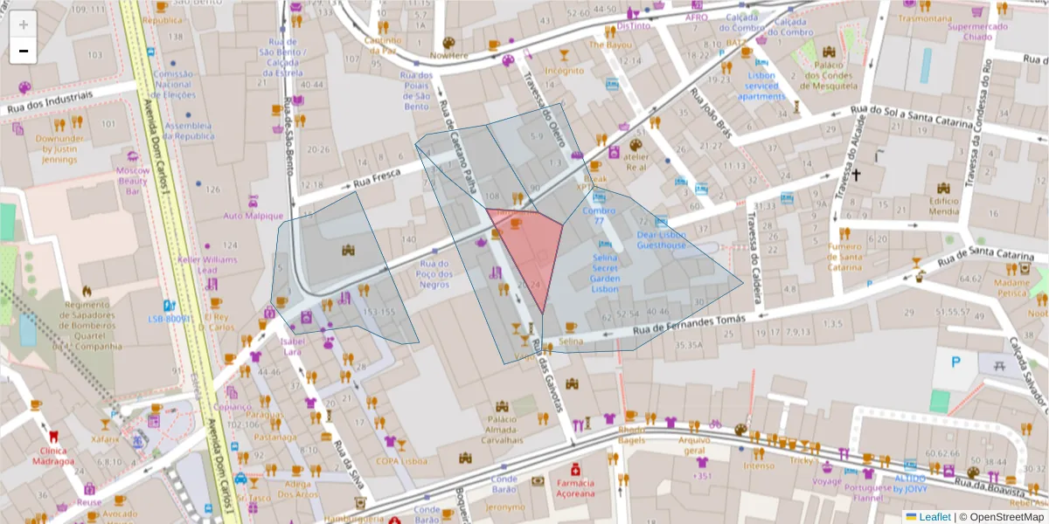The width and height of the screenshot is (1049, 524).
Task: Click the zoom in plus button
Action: pos(24,24)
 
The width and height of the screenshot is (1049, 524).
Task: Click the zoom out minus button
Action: pos(24,51)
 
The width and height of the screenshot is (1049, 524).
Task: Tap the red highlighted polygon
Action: pos(529,249)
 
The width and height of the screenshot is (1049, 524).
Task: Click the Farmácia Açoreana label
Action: pos(574,487)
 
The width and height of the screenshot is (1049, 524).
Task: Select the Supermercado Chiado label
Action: pos(977,31)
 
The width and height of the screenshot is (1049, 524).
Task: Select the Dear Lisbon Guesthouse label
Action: pos(661,240)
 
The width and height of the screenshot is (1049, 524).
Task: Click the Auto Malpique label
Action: pos(253,216)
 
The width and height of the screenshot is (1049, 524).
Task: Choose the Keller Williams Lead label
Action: pos(207,265)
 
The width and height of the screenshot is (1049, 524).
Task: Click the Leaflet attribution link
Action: pos(934,517)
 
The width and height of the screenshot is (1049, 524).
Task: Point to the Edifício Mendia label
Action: pos(944,205)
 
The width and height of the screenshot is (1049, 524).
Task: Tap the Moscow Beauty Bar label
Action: pos(133,180)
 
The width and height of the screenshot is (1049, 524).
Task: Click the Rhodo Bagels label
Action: pos(632,435)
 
